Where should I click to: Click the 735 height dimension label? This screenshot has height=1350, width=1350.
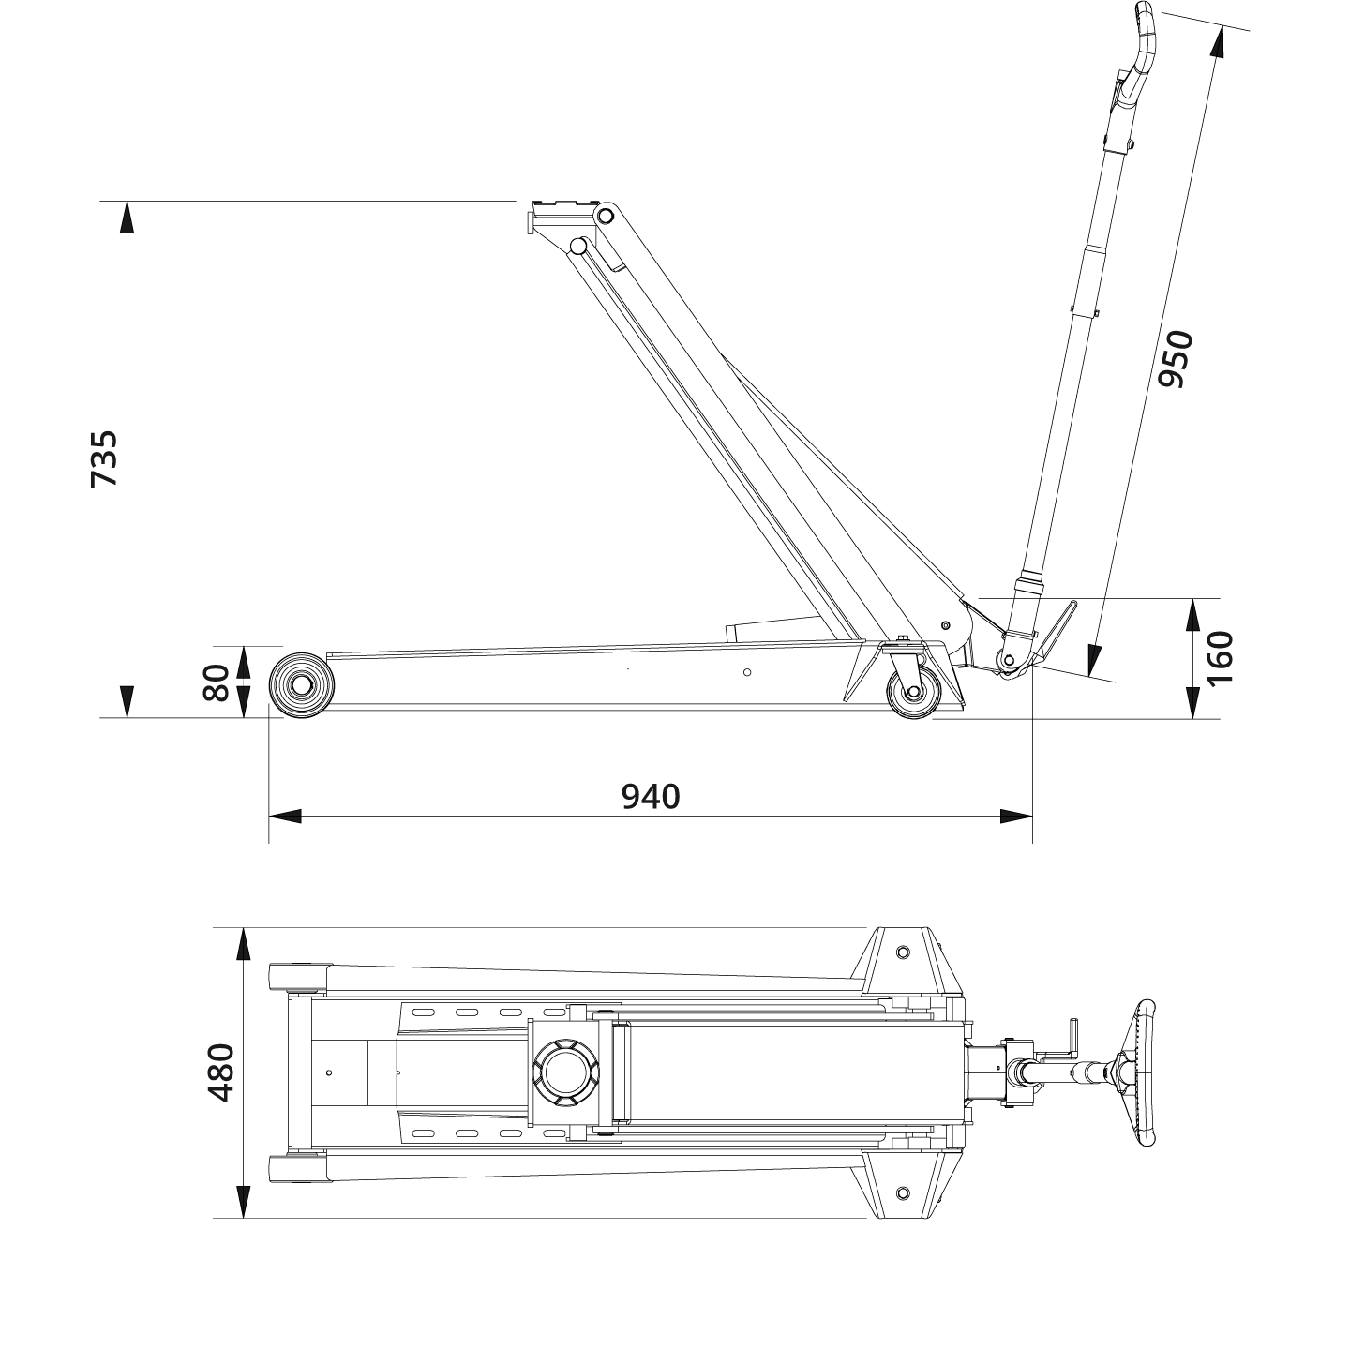coord(104,458)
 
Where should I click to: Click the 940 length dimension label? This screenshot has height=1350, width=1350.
coord(651,797)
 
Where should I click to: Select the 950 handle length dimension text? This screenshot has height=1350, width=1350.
coord(1174,359)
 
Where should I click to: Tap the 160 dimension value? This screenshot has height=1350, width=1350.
coord(1220,658)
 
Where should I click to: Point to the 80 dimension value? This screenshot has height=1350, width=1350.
coord(217,682)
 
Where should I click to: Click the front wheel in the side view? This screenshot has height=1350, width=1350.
coord(302,685)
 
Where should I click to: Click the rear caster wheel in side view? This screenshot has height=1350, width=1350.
coord(912,694)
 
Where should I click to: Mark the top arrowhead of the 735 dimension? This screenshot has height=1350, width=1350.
coord(126,217)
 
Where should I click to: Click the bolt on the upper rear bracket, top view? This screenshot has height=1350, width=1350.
coord(902,952)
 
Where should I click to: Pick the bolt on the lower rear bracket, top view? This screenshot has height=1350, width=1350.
coord(902,1192)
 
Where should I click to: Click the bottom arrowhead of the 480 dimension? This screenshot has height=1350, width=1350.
coord(243,1202)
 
